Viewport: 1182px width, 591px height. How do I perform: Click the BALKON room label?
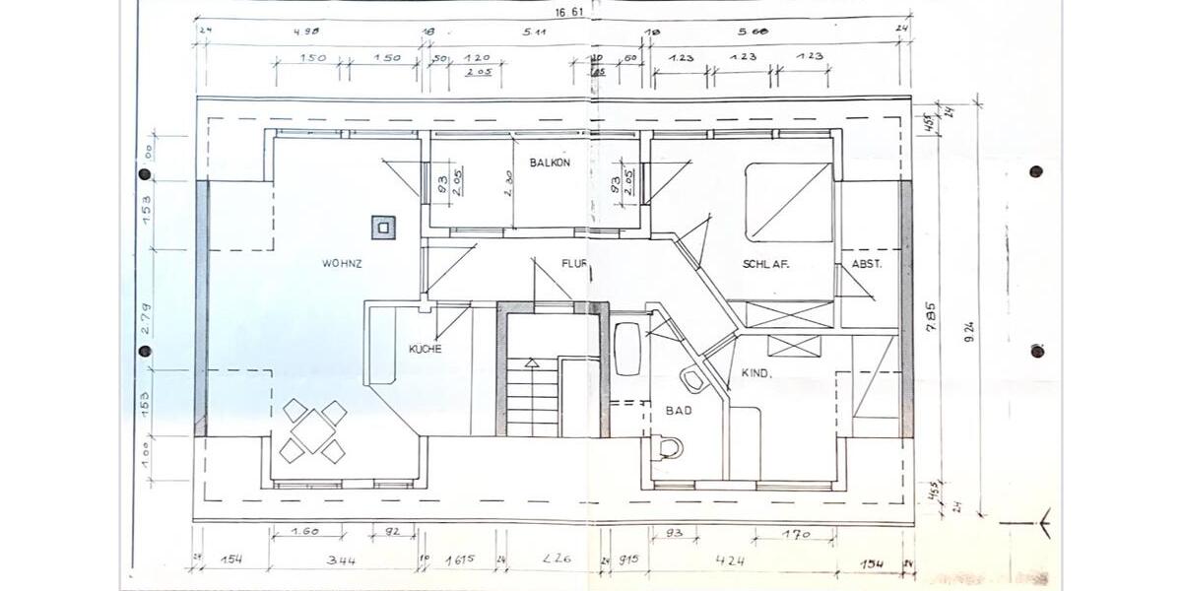click(550, 163)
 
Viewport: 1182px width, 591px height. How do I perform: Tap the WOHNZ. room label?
click(343, 264)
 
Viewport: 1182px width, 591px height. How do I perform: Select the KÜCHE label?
click(426, 349)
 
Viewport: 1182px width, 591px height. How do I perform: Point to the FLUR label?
click(574, 264)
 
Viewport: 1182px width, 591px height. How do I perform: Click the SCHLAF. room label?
click(767, 264)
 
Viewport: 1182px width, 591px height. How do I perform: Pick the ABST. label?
click(867, 264)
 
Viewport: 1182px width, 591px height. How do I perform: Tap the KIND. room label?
click(757, 373)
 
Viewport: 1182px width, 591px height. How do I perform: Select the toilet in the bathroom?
click(669, 448)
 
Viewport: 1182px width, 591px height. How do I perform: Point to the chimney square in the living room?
click(382, 228)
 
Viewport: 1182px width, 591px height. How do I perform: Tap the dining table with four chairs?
click(313, 430)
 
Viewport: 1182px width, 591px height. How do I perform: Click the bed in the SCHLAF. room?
click(789, 203)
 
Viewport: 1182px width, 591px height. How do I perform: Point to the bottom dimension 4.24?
click(731, 561)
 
